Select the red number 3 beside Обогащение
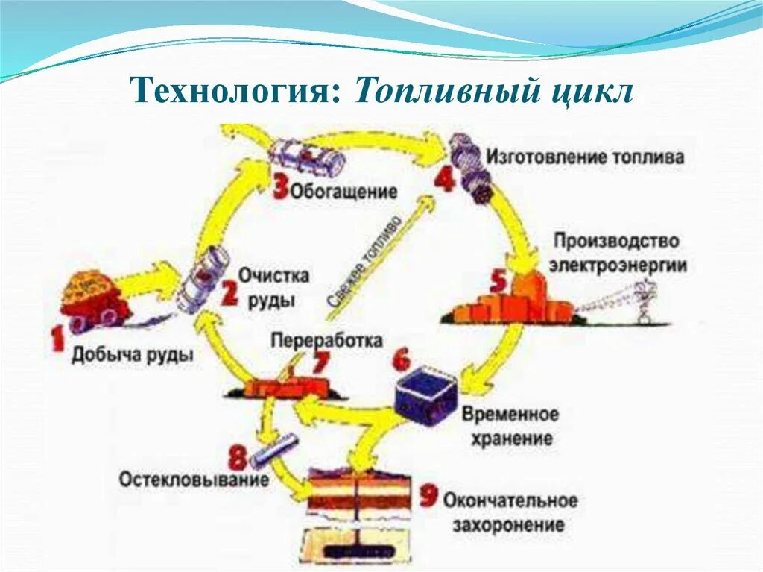pyautogui.click(x=279, y=186)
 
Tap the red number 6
pyautogui.click(x=401, y=361)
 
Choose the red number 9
pyautogui.click(x=428, y=495)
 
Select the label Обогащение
pyautogui.click(x=343, y=191)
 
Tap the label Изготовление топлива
pyautogui.click(x=585, y=157)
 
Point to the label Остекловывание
pyautogui.click(x=194, y=479)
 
